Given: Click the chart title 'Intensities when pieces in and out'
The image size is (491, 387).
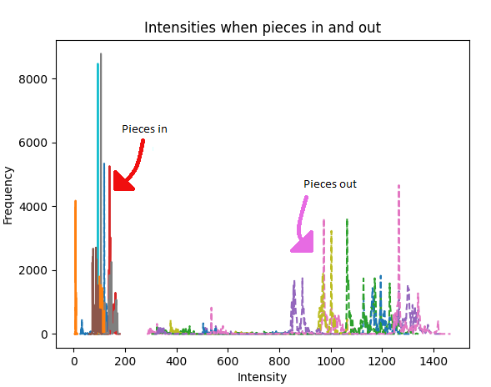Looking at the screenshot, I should [263, 28].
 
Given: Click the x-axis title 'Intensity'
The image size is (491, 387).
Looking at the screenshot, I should [263, 377].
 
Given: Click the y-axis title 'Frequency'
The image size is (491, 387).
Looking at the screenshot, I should [9, 195].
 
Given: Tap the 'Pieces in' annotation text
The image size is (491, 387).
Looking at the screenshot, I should [144, 129].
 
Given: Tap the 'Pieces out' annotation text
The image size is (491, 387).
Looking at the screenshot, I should [330, 184].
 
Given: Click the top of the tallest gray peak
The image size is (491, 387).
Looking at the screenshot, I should [101, 54].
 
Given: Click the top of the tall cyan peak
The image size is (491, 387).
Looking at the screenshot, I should [98, 64].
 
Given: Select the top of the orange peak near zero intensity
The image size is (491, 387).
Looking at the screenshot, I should [75, 201].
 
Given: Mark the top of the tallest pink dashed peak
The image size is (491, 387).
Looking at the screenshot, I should [398, 186].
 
